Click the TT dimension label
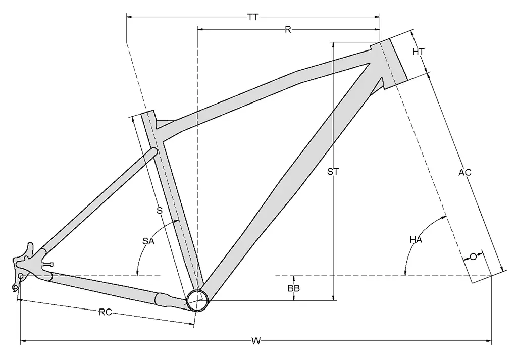[x=253, y=17]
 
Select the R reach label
[x=288, y=30]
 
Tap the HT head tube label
[x=419, y=52]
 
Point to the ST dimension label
[x=333, y=172]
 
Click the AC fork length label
[x=465, y=172]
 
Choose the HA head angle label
[x=416, y=240]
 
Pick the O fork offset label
[x=473, y=256]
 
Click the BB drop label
[x=294, y=288]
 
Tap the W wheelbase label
[x=256, y=341]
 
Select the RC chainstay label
[x=106, y=312]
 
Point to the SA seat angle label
[x=148, y=241]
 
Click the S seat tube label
[x=159, y=211]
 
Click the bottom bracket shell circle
[x=197, y=300]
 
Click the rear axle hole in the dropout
[x=21, y=276]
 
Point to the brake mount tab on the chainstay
[x=48, y=264]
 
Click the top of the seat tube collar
[x=148, y=113]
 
